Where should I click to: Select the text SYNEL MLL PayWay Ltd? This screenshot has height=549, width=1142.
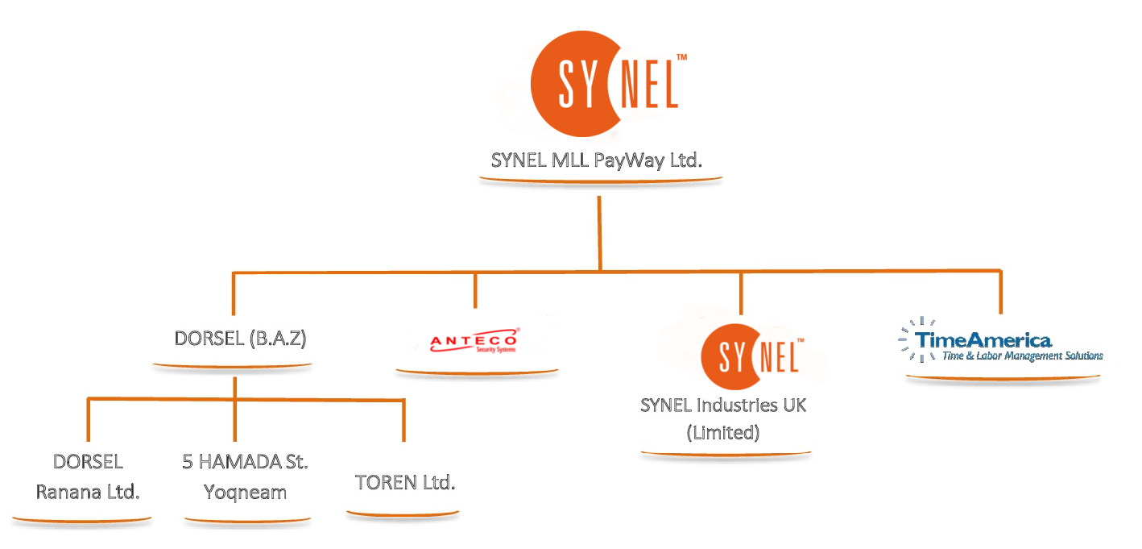597,160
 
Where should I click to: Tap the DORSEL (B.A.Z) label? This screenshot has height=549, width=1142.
240,339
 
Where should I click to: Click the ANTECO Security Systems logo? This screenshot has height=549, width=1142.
475,342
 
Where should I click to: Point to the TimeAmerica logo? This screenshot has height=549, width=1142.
1000,344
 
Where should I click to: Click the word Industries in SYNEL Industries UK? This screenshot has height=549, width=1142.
737,405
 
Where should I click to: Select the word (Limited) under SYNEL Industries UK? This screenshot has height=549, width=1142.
722,432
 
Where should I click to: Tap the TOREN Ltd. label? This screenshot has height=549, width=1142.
405,483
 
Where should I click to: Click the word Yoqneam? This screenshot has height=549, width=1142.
245,492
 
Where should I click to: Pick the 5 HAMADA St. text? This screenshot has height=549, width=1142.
245,462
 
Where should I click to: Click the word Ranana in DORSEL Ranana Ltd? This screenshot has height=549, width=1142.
67,492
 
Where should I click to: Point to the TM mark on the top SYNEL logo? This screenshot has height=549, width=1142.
681,58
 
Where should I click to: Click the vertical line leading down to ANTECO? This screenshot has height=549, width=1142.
475,290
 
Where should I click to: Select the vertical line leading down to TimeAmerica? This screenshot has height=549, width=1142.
1000,292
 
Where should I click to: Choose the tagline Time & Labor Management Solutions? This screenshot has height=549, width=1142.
1022,356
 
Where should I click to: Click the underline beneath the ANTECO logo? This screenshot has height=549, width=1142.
477,372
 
